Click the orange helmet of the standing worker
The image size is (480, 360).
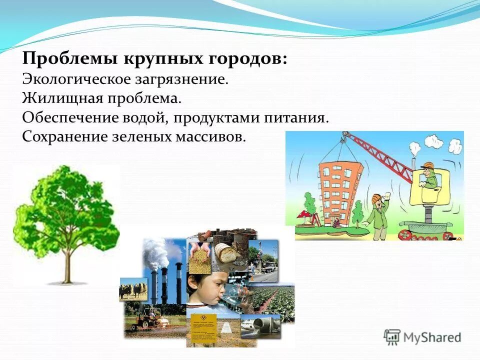377,198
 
